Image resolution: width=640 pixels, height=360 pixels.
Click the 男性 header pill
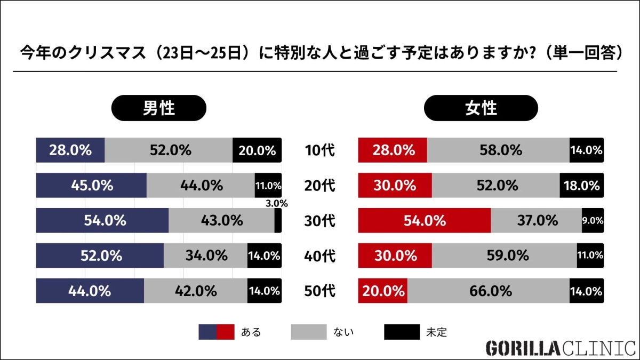(x=158, y=109)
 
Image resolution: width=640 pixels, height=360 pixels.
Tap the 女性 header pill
(x=481, y=109)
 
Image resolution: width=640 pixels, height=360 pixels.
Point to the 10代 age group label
(x=319, y=150)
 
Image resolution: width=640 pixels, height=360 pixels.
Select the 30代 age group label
(x=319, y=221)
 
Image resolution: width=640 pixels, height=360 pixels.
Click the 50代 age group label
(x=319, y=291)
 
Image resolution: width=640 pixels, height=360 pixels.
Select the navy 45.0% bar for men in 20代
(x=91, y=186)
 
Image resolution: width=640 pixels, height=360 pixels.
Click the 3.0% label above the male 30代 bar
(x=276, y=203)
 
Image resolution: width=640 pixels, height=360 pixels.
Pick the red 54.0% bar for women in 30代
(x=424, y=221)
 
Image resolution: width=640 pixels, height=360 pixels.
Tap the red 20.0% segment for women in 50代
(x=382, y=291)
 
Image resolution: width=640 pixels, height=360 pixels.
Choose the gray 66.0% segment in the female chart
(x=488, y=291)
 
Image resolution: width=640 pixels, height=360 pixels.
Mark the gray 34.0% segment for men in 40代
(x=205, y=256)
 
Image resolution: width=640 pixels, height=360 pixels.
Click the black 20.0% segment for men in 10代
(x=257, y=150)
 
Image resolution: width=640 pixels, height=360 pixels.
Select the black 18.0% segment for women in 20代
(x=581, y=186)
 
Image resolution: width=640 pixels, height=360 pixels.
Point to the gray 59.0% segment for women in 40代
(x=504, y=256)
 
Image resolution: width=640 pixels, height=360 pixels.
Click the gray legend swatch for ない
(x=308, y=332)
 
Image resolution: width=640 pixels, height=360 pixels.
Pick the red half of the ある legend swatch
(x=225, y=332)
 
